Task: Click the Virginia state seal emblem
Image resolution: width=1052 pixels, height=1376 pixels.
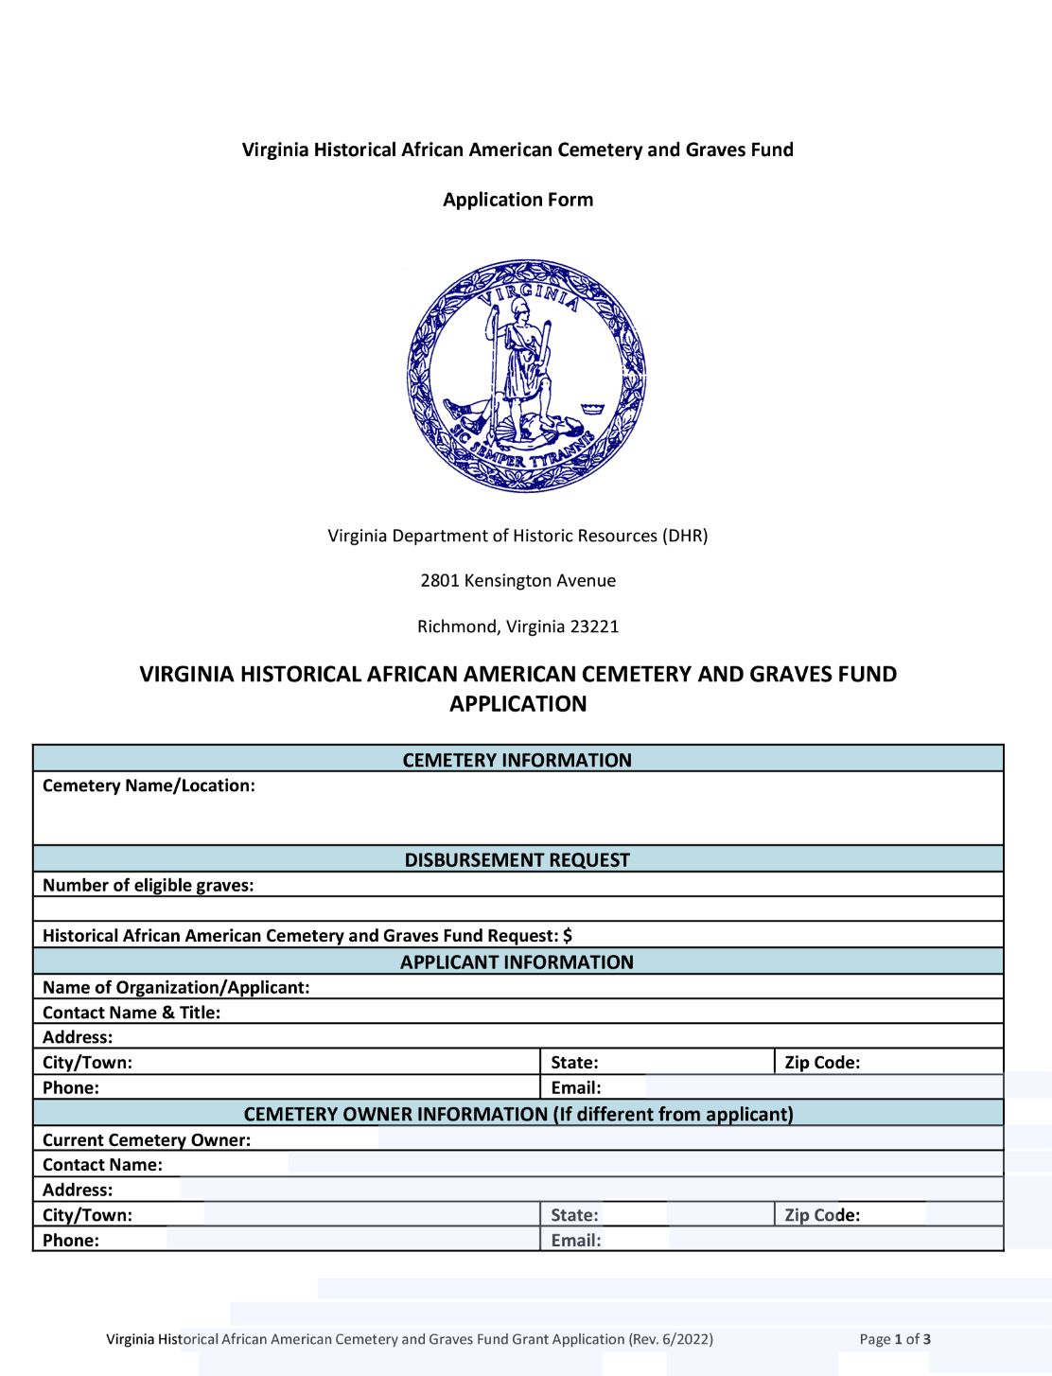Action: pyautogui.click(x=526, y=376)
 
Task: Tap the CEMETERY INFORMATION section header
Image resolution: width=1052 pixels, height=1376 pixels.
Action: pyautogui.click(x=517, y=760)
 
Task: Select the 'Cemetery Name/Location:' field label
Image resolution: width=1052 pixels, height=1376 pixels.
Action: pyautogui.click(x=149, y=785)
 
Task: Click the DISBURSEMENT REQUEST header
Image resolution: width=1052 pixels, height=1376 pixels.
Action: pyautogui.click(x=517, y=860)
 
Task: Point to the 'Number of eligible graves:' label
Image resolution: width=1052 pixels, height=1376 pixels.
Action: pyautogui.click(x=148, y=886)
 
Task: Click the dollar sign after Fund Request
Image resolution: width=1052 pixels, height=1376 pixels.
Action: pyautogui.click(x=568, y=936)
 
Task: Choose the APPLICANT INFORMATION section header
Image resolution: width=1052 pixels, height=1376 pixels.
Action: pyautogui.click(x=517, y=962)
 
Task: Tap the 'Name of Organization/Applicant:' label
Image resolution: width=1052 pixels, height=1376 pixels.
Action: pyautogui.click(x=176, y=987)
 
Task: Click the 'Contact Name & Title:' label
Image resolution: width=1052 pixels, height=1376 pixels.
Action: pyautogui.click(x=131, y=1013)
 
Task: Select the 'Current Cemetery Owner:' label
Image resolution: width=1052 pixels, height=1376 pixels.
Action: pyautogui.click(x=147, y=1140)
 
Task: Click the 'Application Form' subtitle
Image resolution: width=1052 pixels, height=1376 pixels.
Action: pyautogui.click(x=517, y=200)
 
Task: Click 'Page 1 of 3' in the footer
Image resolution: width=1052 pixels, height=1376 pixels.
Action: pyautogui.click(x=895, y=1339)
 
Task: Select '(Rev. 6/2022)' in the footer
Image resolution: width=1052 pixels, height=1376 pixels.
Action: pyautogui.click(x=671, y=1339)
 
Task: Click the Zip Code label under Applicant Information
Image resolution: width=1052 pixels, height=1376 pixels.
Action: pyautogui.click(x=822, y=1063)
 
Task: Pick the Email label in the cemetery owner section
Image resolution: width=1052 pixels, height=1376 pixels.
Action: pyautogui.click(x=575, y=1241)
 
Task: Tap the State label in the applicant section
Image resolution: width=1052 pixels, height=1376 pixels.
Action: pyautogui.click(x=574, y=1063)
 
